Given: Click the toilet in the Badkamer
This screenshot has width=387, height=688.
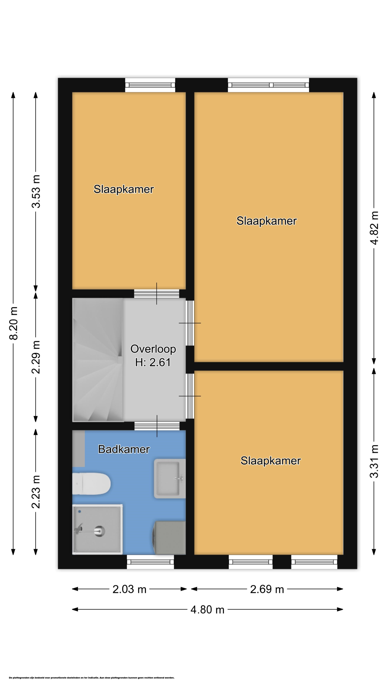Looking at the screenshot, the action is click(91, 484).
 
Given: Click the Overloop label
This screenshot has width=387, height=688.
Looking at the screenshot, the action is click(153, 349).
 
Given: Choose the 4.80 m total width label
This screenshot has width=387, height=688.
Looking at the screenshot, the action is click(207, 610).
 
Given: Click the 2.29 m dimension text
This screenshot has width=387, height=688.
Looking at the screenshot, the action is click(36, 357).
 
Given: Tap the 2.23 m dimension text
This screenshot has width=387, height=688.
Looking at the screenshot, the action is click(36, 492).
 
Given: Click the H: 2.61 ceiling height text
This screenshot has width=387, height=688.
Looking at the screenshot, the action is click(153, 362).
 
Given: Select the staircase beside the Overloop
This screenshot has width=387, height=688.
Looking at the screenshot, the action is click(98, 360).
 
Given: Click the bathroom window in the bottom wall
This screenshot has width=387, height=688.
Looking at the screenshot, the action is click(150, 562).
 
